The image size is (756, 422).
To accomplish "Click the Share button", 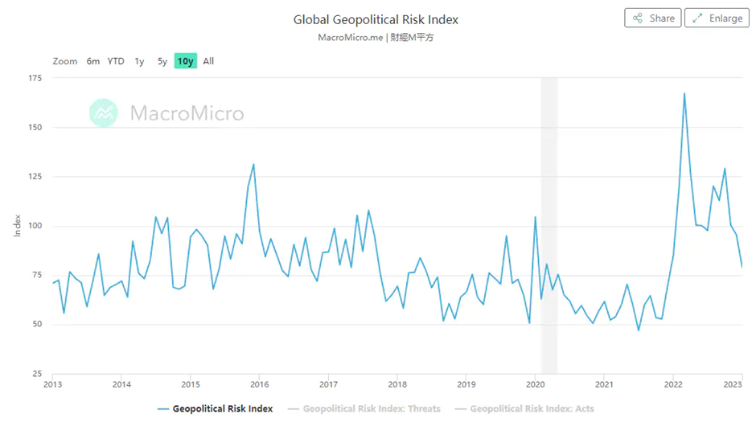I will pyautogui.click(x=652, y=18).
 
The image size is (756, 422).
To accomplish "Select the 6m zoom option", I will pyautogui.click(x=93, y=61).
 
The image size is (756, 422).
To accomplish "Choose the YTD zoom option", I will pyautogui.click(x=116, y=61).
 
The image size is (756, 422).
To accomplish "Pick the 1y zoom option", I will pyautogui.click(x=139, y=61).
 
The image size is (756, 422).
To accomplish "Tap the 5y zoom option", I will pyautogui.click(x=162, y=61).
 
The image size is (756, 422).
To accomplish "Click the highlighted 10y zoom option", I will pyautogui.click(x=186, y=61).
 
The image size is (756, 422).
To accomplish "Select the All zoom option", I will pyautogui.click(x=208, y=61).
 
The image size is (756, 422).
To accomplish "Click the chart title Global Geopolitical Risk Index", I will pyautogui.click(x=376, y=19).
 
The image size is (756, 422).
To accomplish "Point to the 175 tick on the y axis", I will pyautogui.click(x=35, y=78).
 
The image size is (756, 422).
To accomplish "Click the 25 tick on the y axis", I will pyautogui.click(x=37, y=374).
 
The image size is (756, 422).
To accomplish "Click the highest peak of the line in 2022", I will pyautogui.click(x=684, y=93).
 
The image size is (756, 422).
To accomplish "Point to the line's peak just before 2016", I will pyautogui.click(x=253, y=164).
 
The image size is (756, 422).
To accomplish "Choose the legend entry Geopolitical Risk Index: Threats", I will pyautogui.click(x=371, y=408).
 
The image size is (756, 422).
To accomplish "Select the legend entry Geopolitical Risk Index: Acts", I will pyautogui.click(x=532, y=408).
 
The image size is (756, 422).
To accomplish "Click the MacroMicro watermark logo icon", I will pyautogui.click(x=104, y=113).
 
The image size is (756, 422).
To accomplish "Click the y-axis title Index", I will pyautogui.click(x=18, y=226).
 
